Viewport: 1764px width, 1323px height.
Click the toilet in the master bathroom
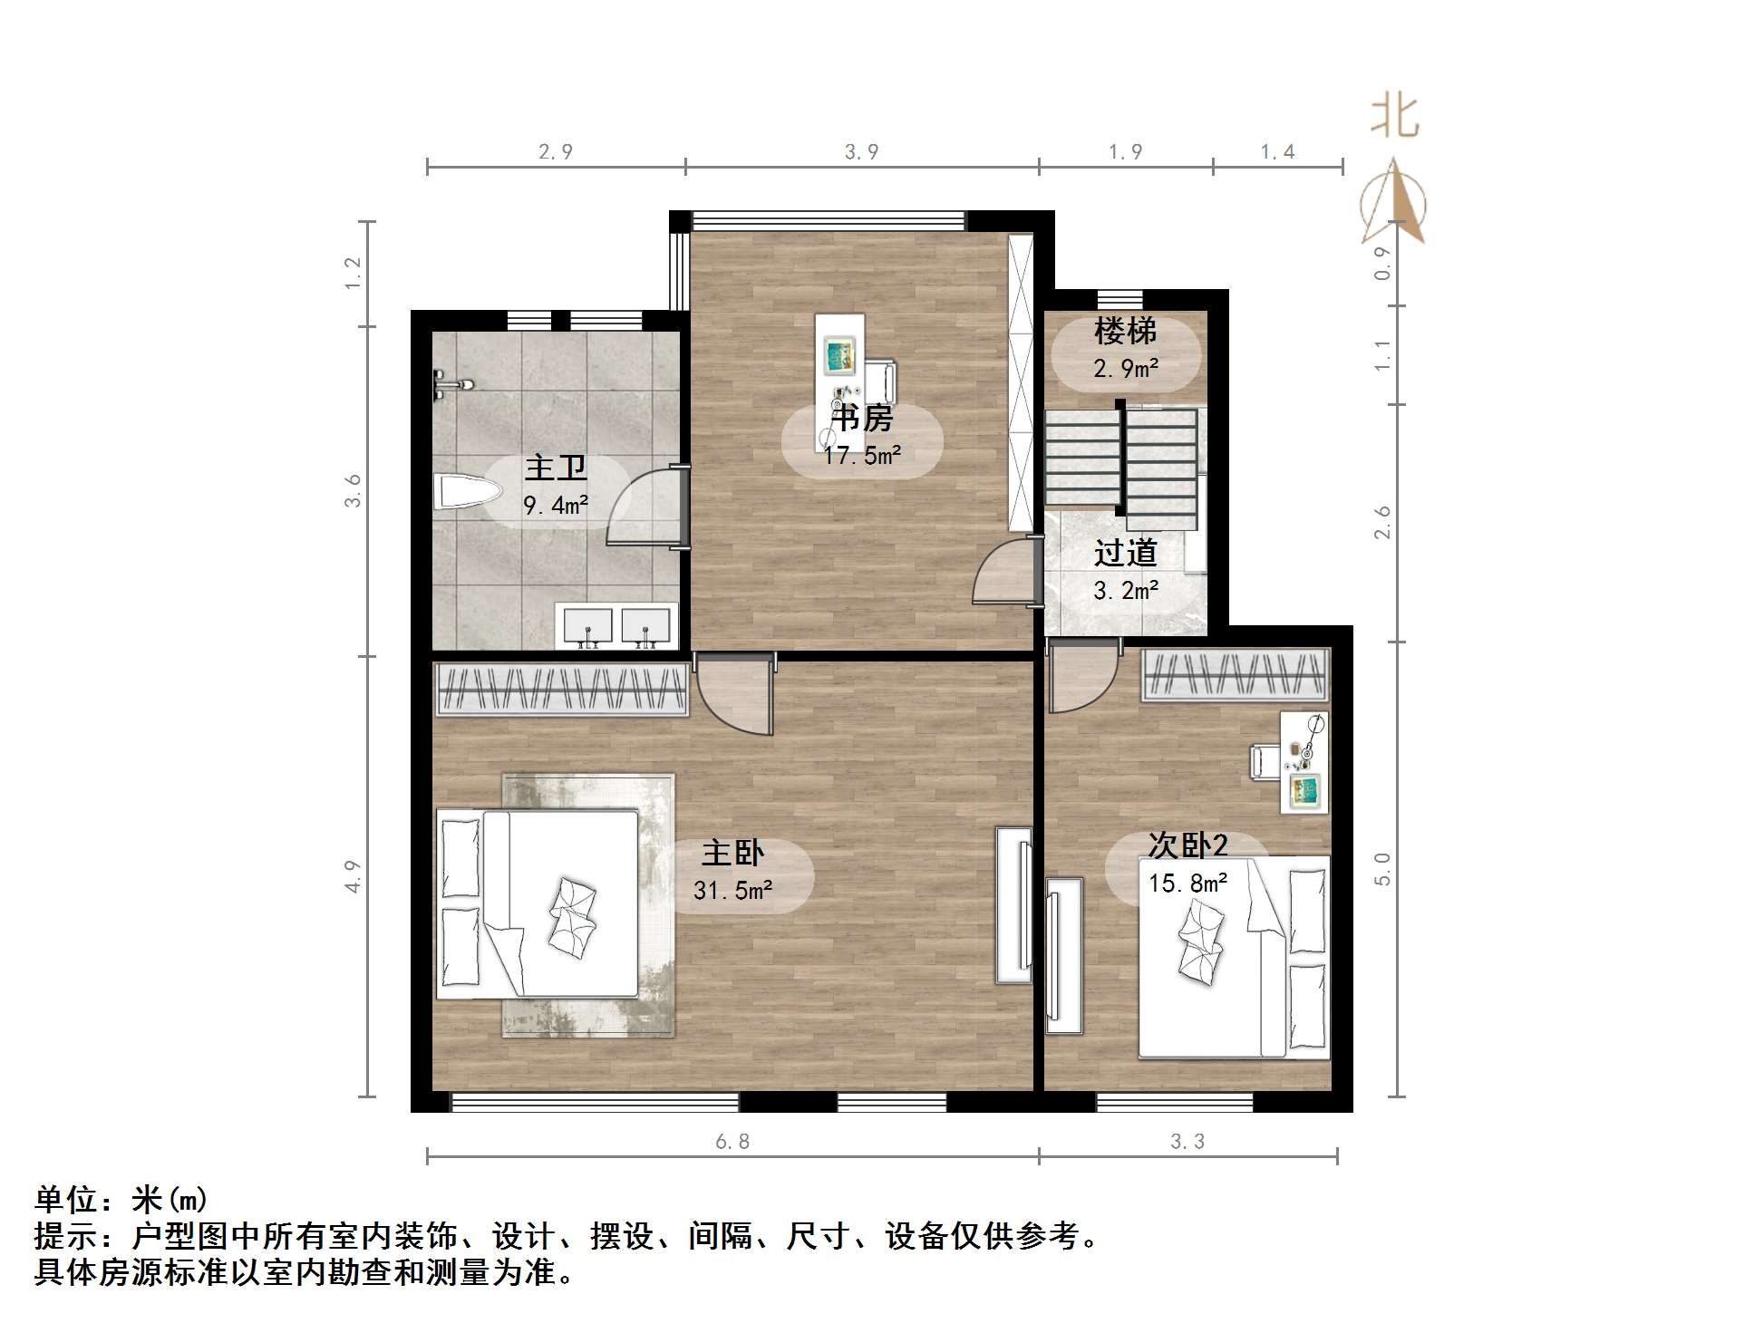(468, 493)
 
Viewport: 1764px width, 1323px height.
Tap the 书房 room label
(862, 419)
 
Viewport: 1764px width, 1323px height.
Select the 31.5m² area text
(732, 891)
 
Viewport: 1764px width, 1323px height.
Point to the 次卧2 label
(1187, 845)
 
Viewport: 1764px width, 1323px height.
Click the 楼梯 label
(1125, 332)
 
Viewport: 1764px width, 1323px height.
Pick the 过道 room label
(1125, 553)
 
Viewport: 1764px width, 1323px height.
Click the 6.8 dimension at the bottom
(732, 1142)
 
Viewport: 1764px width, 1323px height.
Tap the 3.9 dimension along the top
(861, 152)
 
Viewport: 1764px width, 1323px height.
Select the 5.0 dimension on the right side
(1382, 869)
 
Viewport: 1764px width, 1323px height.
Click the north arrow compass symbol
(1394, 204)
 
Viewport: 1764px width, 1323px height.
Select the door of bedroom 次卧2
(1081, 678)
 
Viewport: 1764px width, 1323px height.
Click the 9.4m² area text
(556, 505)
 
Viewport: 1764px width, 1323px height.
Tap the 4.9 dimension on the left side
(353, 876)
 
